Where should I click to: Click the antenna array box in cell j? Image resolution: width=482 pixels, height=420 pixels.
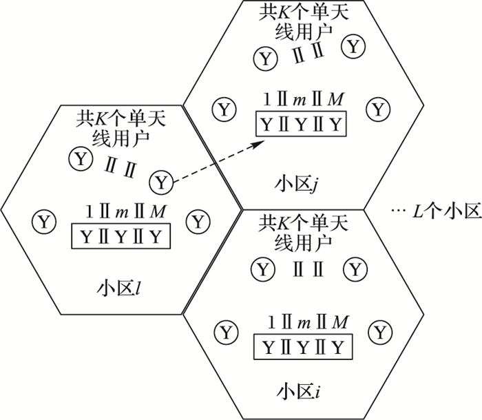pos(300,125)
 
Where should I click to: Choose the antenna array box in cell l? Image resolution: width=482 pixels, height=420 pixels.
pos(120,237)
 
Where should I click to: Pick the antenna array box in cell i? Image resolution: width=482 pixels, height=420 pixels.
pos(300,346)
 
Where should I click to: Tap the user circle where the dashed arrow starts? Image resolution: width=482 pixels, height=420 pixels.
pos(161,182)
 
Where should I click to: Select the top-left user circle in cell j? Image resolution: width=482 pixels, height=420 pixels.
pos(262,56)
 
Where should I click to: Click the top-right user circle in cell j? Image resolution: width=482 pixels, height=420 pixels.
pos(354,47)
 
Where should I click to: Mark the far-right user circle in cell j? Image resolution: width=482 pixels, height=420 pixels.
pos(377,108)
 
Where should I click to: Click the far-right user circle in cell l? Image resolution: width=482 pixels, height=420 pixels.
pos(199,222)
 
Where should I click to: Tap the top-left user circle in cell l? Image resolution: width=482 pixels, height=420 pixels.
pos(80,160)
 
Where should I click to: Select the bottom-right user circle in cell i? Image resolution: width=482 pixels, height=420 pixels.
pos(379,332)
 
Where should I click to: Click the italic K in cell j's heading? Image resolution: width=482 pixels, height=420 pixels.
pos(280,12)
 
